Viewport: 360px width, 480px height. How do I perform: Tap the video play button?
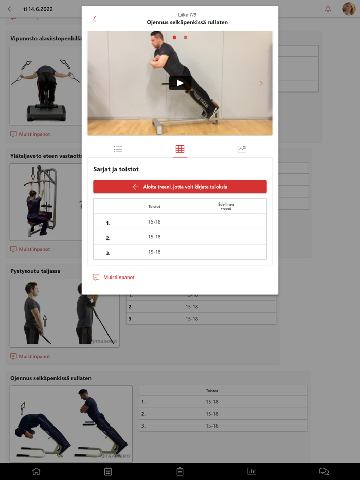click(180, 83)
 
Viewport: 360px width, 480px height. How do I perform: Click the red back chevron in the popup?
click(95, 19)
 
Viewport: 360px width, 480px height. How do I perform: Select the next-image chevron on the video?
click(261, 83)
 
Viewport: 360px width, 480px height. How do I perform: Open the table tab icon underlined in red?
click(180, 149)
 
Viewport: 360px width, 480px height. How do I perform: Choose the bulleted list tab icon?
click(118, 149)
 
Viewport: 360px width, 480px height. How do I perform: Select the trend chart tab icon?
click(242, 149)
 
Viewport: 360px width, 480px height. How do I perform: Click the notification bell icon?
click(328, 9)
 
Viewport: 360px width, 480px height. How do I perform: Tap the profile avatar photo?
click(349, 9)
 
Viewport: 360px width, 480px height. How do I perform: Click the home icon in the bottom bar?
click(36, 471)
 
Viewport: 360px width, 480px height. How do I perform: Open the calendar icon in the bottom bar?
click(108, 471)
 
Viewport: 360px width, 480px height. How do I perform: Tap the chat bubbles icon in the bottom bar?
click(324, 471)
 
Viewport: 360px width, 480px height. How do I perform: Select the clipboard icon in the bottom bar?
click(180, 471)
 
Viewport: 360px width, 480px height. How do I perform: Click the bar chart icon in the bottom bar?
click(251, 471)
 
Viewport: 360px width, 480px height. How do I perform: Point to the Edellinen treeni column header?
click(226, 206)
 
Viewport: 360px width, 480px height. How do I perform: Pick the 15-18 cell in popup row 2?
click(154, 237)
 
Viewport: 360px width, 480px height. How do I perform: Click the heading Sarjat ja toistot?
click(116, 169)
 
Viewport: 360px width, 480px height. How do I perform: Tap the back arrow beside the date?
click(10, 9)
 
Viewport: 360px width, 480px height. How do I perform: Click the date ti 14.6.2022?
click(38, 9)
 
